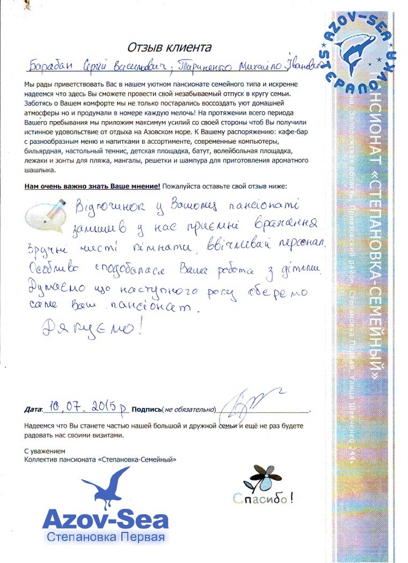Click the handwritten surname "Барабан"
(50, 66)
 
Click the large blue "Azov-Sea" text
(105, 520)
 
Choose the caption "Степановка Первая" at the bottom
(105, 537)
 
